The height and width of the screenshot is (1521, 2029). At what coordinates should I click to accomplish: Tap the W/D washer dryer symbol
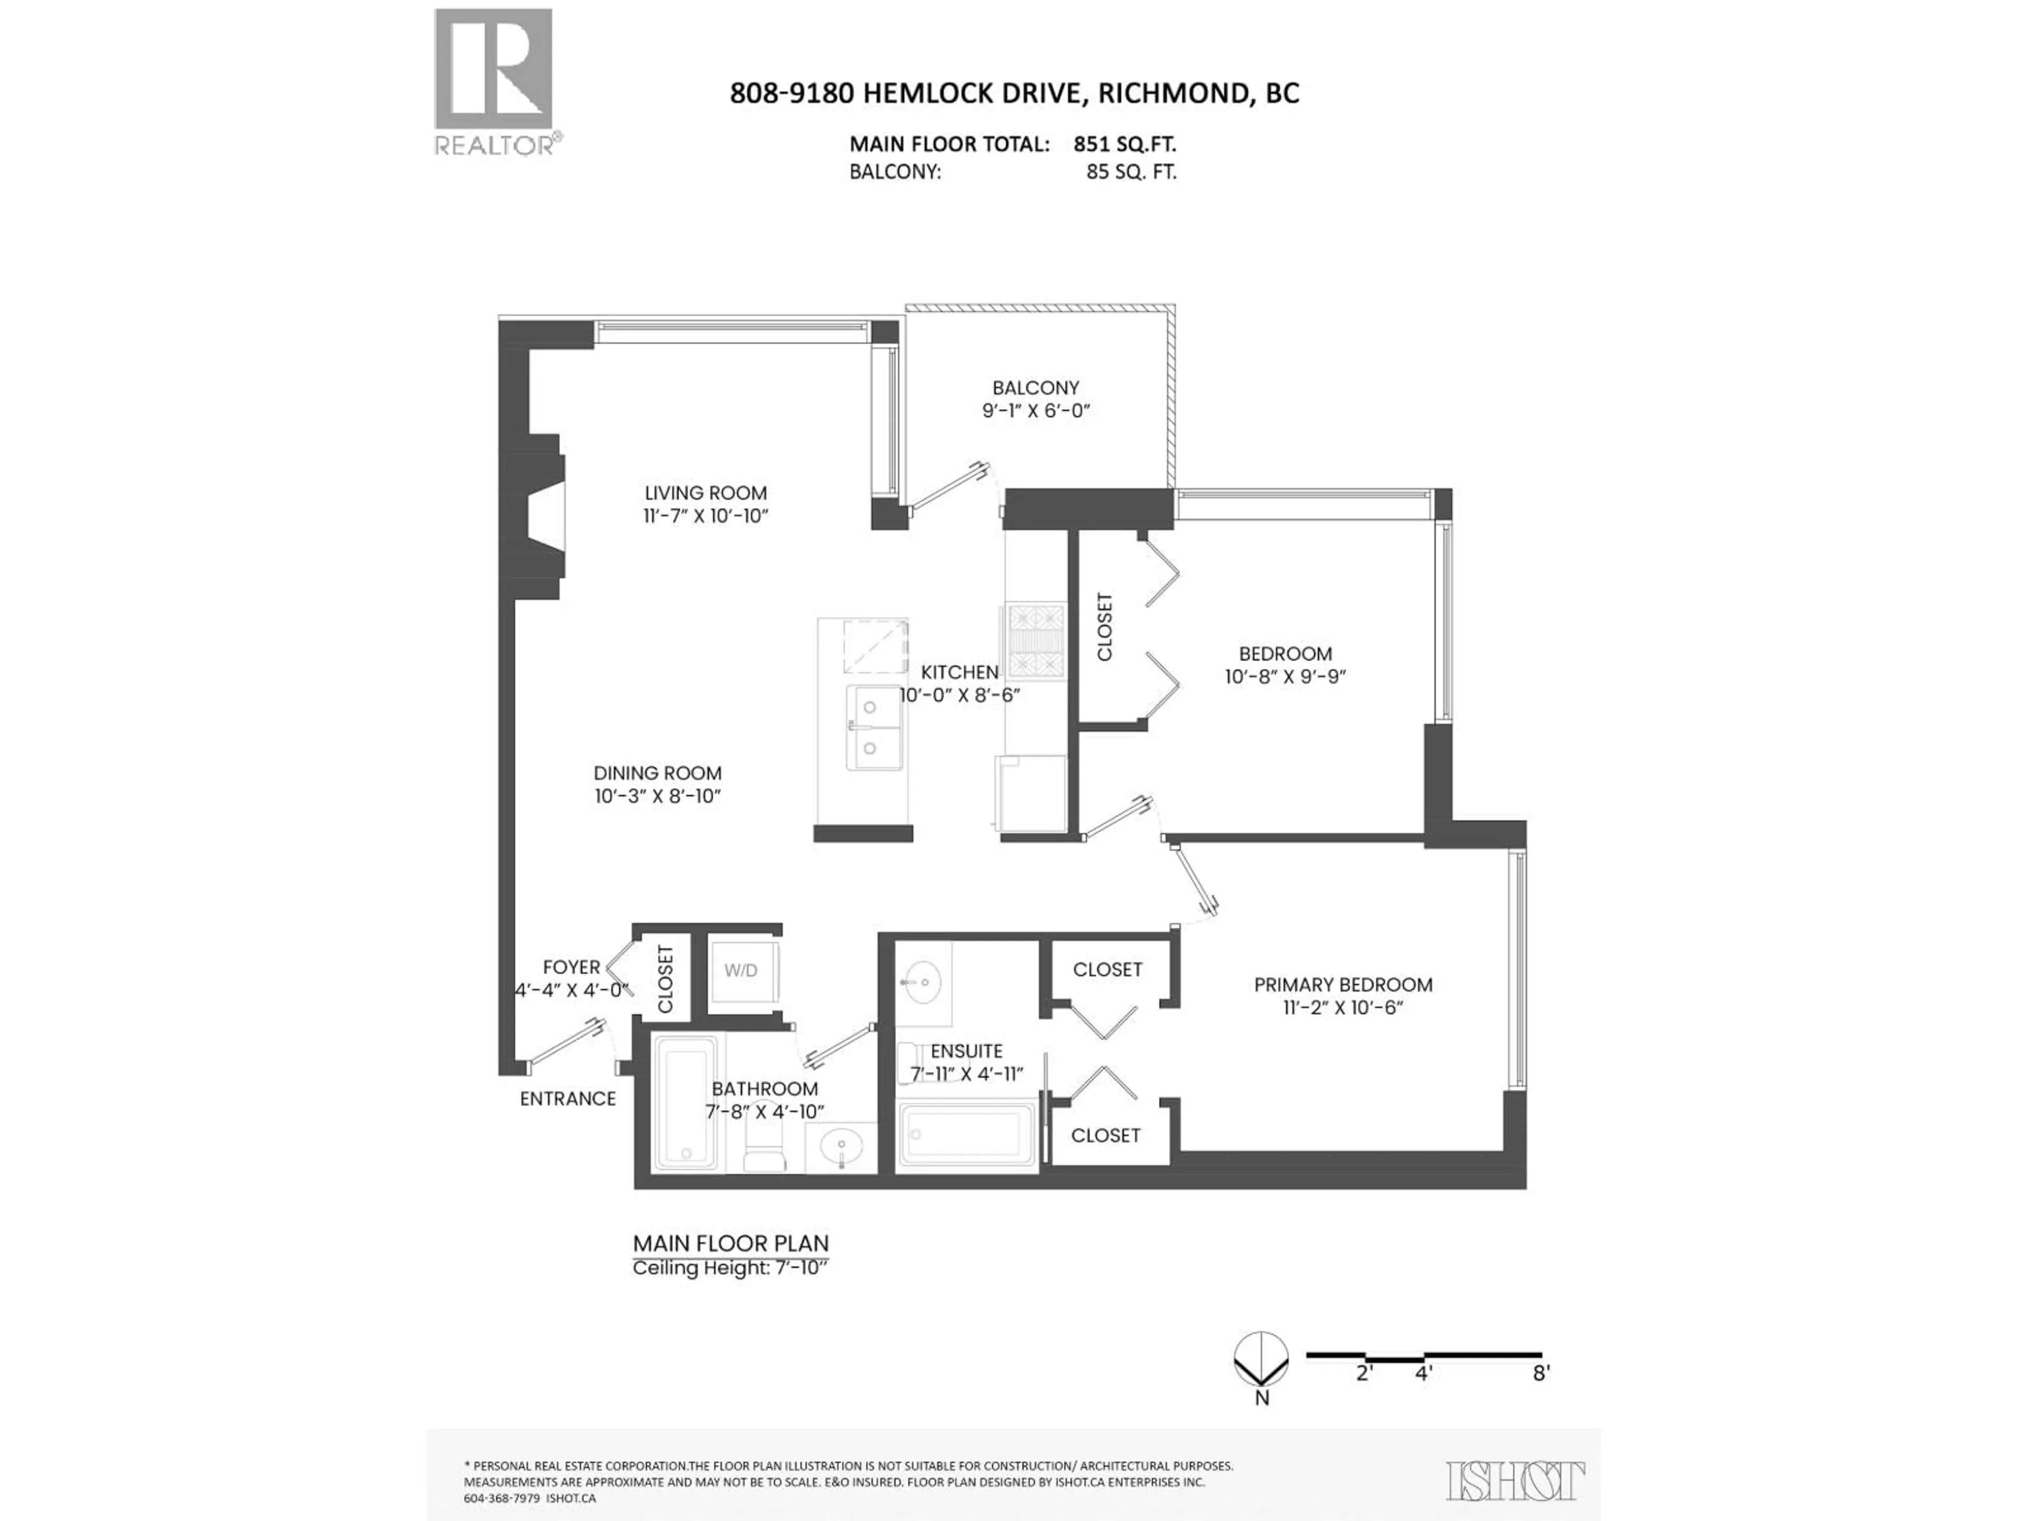click(x=741, y=971)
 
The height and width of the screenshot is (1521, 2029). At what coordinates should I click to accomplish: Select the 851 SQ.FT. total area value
click(x=1124, y=144)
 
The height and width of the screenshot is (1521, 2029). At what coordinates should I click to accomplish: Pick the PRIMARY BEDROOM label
click(x=1343, y=984)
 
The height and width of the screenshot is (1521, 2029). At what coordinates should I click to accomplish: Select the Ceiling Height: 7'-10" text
click(x=730, y=1268)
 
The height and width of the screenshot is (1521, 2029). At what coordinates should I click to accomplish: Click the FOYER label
click(x=571, y=966)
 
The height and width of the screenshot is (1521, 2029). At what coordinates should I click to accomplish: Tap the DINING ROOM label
click(x=657, y=773)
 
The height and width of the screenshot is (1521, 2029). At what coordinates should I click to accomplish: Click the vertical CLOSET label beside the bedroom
click(x=1104, y=626)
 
